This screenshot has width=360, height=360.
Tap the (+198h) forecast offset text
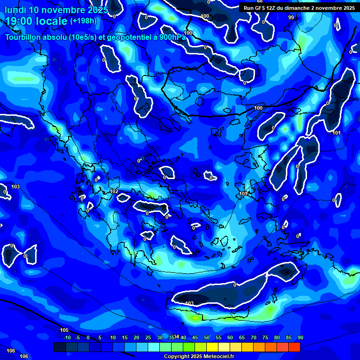coord(84,21)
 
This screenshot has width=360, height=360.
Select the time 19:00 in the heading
coord(19,22)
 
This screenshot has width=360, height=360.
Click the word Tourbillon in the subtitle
coord(24,37)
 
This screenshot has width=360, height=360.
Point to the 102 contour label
coord(114,192)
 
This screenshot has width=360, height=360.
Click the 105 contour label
coord(64,330)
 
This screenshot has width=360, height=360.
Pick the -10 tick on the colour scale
coord(67,338)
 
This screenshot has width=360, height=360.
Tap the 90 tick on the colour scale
coord(300,338)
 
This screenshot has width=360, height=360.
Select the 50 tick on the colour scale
coord(207,338)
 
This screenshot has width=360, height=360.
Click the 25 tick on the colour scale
coord(148,338)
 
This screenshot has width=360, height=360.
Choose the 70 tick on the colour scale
coord(254,338)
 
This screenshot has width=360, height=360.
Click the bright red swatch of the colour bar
coord(294,347)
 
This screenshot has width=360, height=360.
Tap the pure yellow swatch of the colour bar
coord(212,347)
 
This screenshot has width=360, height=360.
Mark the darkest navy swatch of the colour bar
coord(60,347)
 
